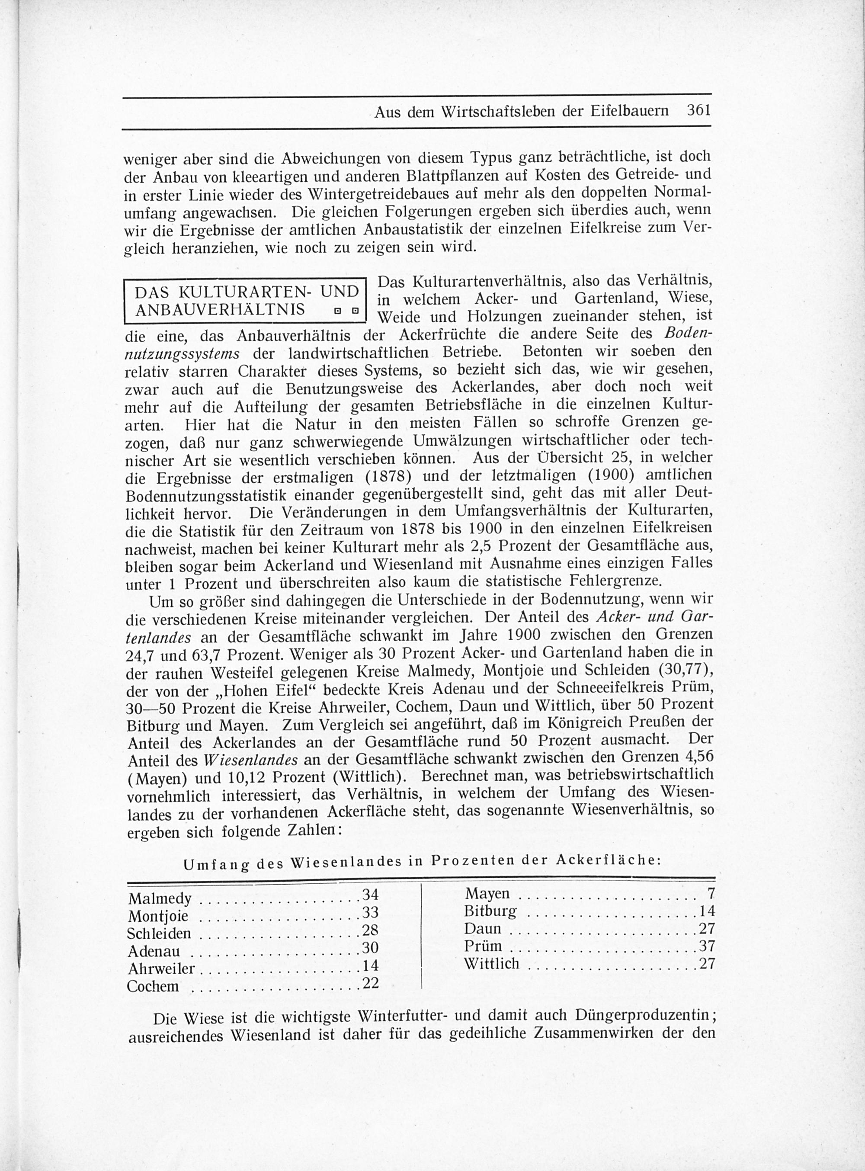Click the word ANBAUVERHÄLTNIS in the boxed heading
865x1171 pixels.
220,309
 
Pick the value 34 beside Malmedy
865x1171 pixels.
371,894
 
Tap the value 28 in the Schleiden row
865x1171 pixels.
371,930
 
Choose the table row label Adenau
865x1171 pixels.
154,952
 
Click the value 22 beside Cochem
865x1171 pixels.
371,983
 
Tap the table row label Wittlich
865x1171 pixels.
492,964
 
